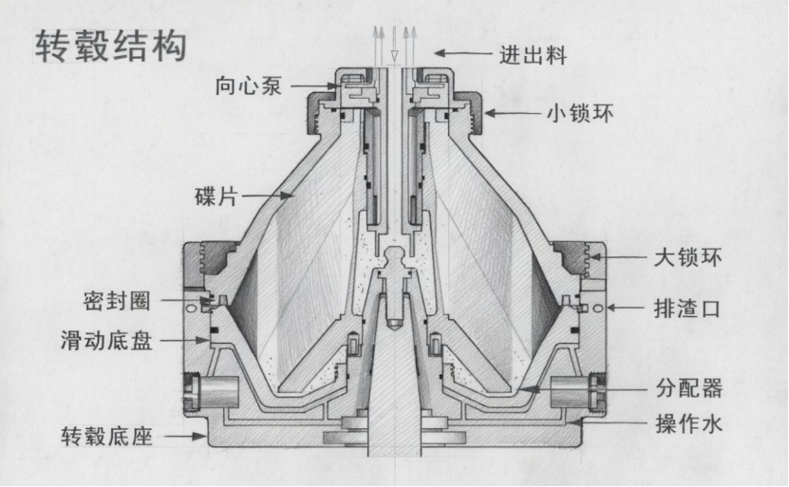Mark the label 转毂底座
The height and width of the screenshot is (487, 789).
[106, 437]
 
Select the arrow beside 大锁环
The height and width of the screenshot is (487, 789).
[618, 257]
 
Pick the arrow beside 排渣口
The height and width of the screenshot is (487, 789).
[624, 307]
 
